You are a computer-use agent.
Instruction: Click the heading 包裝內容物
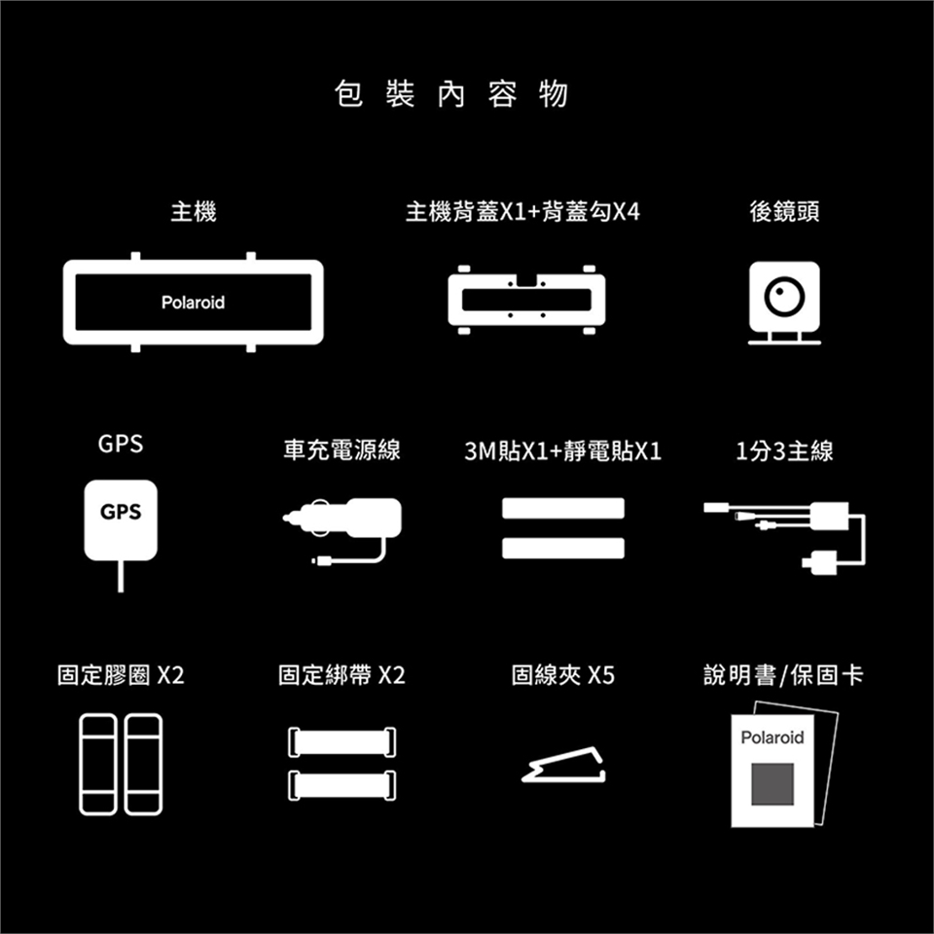click(x=450, y=94)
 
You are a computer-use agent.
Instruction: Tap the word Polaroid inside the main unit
click(x=193, y=303)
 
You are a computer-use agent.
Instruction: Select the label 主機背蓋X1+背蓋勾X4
click(x=522, y=211)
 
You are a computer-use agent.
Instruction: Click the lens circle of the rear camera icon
click(x=784, y=296)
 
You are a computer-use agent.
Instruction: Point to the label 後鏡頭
click(x=784, y=211)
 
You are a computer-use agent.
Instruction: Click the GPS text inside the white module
click(x=121, y=512)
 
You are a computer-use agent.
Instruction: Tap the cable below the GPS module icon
click(x=121, y=576)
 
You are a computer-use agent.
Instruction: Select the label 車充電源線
click(x=341, y=449)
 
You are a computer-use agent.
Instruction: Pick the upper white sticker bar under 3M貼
click(x=563, y=508)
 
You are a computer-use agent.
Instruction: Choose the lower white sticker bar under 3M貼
click(x=563, y=548)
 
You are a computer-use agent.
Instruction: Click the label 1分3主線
click(x=784, y=450)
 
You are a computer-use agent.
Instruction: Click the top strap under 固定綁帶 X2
click(x=341, y=742)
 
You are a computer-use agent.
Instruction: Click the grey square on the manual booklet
click(x=772, y=784)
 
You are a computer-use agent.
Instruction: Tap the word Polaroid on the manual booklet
click(x=772, y=737)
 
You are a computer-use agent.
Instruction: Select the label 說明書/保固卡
click(x=783, y=675)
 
